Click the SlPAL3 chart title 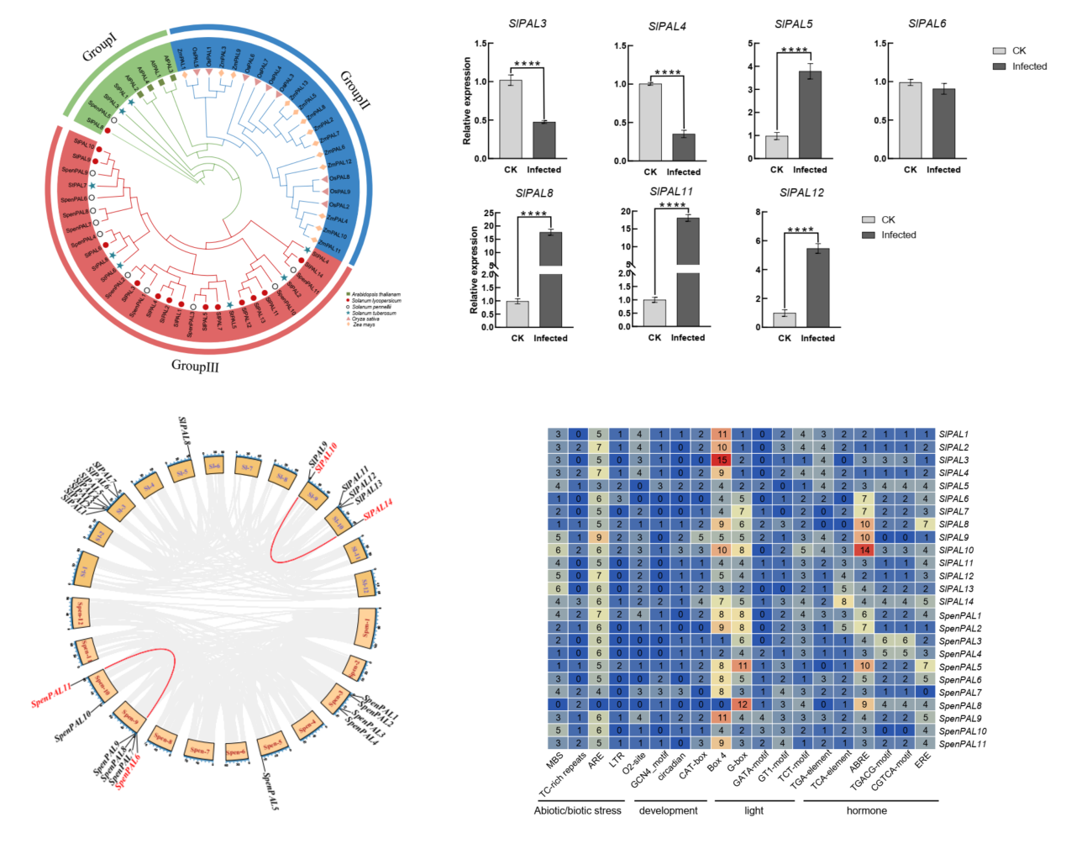[x=528, y=24]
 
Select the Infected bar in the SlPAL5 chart [x=810, y=114]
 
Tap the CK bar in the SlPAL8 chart [x=517, y=314]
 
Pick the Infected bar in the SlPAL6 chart [x=943, y=123]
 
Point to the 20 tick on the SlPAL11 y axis [x=626, y=212]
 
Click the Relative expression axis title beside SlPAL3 [x=467, y=101]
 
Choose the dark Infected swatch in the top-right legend [x=999, y=66]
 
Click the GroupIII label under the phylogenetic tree [x=195, y=366]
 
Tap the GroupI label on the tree [x=100, y=48]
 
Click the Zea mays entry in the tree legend [x=364, y=324]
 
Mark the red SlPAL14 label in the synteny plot [x=378, y=509]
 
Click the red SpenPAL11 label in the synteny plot [x=51, y=695]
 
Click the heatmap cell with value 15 [x=721, y=460]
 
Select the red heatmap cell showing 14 [x=864, y=551]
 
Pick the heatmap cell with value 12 [x=742, y=705]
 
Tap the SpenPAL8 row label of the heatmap [x=960, y=705]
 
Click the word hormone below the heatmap [x=866, y=810]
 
